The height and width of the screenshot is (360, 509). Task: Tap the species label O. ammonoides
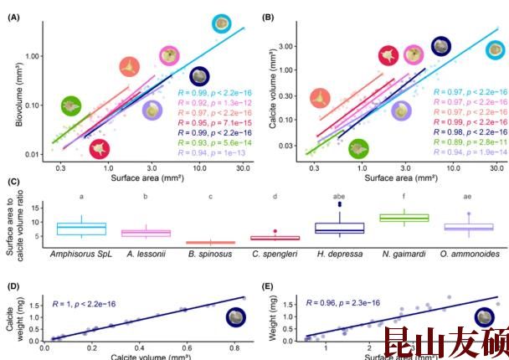tap(467, 253)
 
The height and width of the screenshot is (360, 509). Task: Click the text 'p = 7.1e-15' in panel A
tap(219, 121)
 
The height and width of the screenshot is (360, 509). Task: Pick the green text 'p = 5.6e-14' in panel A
tap(219, 143)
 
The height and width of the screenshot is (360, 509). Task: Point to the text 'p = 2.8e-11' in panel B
tap(475, 143)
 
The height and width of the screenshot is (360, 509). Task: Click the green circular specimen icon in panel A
tap(70, 106)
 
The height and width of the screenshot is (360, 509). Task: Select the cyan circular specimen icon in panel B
tap(496, 49)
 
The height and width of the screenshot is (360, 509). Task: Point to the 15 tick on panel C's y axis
tap(39, 209)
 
